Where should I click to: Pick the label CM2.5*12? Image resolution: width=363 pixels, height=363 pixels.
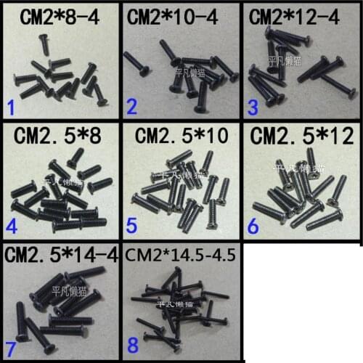pyautogui.click(x=303, y=136)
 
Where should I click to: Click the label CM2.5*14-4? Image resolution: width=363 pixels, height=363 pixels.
pyautogui.click(x=62, y=256)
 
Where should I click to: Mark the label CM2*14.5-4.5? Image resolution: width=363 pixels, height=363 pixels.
pyautogui.click(x=183, y=256)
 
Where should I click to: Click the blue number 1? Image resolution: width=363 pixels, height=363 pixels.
pyautogui.click(x=10, y=110)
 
